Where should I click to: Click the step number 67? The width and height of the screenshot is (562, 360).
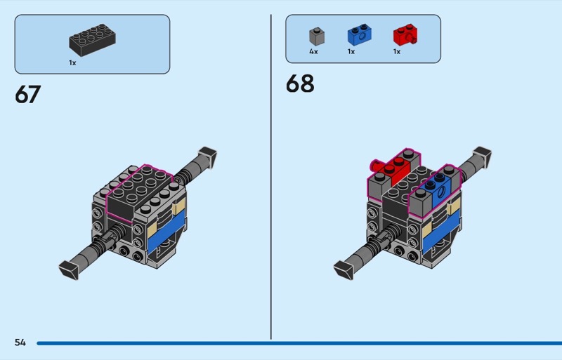(28, 95)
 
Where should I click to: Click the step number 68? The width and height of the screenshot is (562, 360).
(300, 84)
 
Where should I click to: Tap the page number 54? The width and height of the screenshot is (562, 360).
(20, 342)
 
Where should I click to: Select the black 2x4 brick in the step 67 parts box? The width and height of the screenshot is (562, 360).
(92, 40)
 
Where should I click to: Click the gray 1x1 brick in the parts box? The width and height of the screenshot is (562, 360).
(317, 36)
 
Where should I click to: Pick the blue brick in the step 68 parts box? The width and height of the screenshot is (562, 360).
(359, 35)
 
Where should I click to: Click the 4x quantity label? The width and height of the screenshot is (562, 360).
(313, 52)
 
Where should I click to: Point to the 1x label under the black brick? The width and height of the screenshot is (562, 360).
(72, 62)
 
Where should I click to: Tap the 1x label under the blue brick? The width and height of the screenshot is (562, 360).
(351, 52)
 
